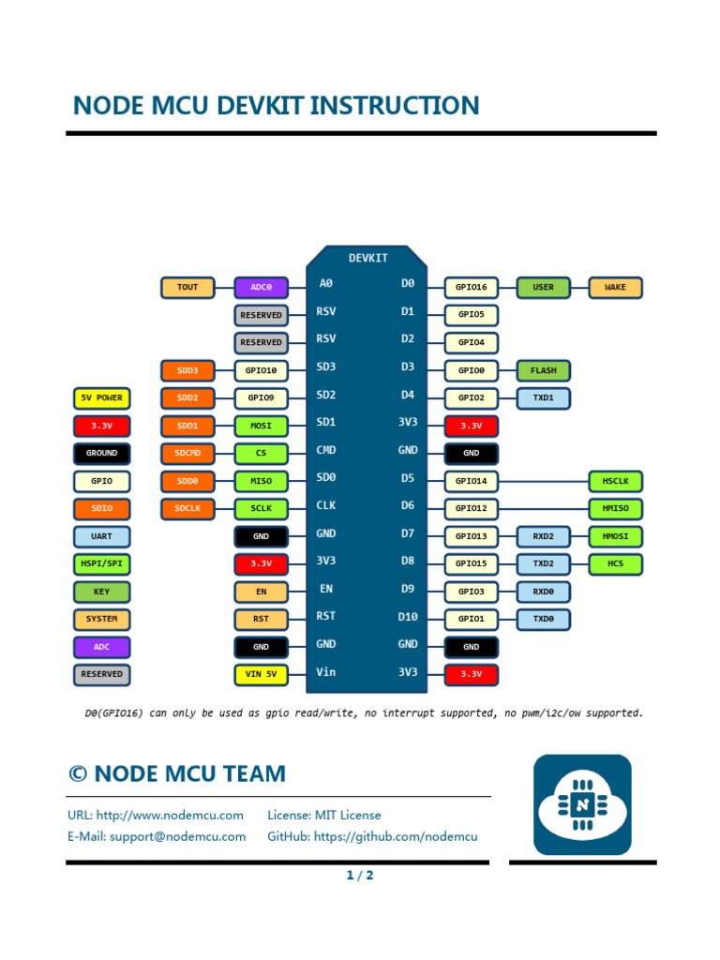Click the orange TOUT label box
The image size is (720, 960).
coord(187,287)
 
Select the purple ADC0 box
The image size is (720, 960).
coord(261,287)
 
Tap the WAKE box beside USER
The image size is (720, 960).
coord(615,287)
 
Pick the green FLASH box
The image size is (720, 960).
coord(543,370)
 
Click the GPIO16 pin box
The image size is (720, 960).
coord(472,287)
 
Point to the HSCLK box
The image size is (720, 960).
coord(615,481)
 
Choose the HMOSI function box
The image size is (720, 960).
coord(615,536)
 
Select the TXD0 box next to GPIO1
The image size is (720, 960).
coord(543,620)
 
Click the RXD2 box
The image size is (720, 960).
coord(543,536)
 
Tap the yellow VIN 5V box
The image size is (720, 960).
coord(261,674)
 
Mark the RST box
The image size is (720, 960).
coord(261,619)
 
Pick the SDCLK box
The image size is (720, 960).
coord(187,508)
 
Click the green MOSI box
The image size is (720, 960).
coord(261,426)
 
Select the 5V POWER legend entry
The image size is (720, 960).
coord(101,397)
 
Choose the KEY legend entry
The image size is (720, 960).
coord(101,592)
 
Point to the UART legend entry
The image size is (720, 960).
coord(101,536)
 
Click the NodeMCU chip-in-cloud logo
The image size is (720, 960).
coord(582,804)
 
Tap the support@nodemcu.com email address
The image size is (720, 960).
coord(177,836)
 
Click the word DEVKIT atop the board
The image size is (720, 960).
coord(367,258)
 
